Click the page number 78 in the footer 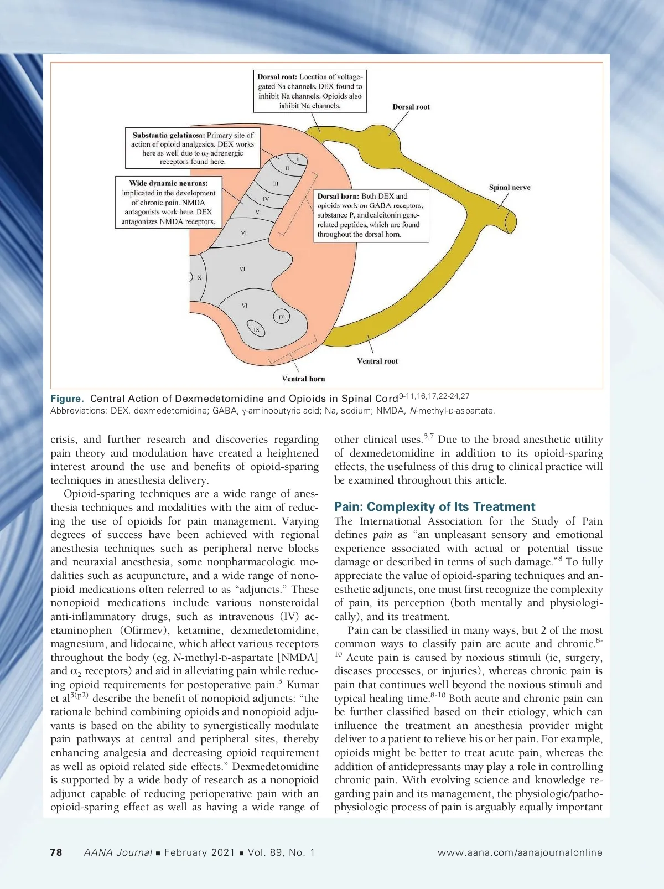(x=56, y=852)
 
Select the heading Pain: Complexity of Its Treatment (x=434, y=506)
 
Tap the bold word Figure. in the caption (x=66, y=399)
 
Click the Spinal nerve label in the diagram (x=509, y=187)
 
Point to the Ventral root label (x=377, y=361)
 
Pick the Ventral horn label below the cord (x=303, y=379)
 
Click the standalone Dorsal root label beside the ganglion (x=411, y=107)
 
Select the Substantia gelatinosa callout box (x=193, y=148)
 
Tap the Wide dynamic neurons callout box (x=168, y=202)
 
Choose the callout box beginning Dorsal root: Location (x=310, y=91)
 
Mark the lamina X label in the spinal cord (x=199, y=277)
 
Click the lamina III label (x=276, y=183)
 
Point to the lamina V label (x=257, y=212)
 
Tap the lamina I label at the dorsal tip (x=298, y=159)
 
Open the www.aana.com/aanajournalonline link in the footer (x=520, y=852)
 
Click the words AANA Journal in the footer (x=118, y=852)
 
